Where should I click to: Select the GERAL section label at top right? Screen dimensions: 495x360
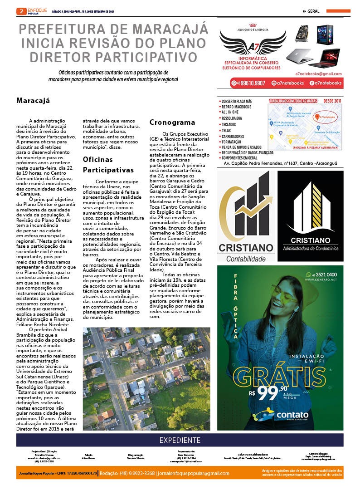click(313, 11)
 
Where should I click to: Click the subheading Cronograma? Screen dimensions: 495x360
click(172, 123)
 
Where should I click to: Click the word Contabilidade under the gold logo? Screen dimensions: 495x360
click(246, 259)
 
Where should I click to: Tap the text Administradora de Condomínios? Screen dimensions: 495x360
click(311, 249)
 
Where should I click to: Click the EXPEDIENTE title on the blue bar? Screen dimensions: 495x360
click(180, 440)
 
